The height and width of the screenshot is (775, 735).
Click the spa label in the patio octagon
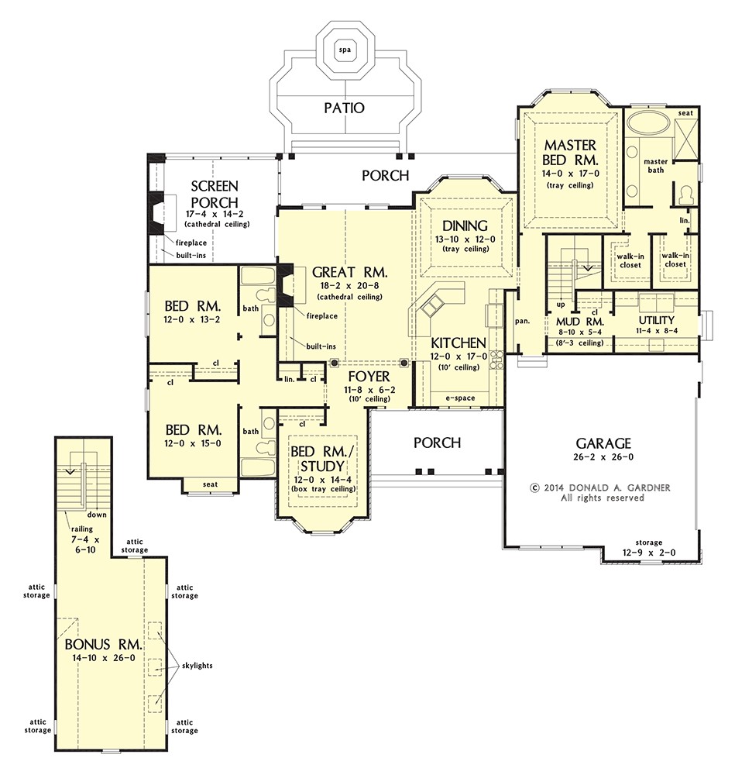[x=345, y=50]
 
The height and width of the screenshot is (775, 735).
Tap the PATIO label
[x=345, y=108]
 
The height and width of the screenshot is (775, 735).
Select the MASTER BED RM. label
[x=570, y=152]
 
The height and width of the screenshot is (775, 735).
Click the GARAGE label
[x=603, y=443]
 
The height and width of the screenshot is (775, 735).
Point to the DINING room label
[x=465, y=226]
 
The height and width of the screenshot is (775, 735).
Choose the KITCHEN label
[x=459, y=343]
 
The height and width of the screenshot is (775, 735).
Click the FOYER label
[x=369, y=376]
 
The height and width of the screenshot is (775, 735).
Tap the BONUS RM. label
[x=103, y=645]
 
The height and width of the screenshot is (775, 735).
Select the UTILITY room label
[x=657, y=320]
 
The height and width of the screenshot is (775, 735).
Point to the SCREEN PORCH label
[x=215, y=195]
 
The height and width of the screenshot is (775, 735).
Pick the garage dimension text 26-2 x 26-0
[x=603, y=457]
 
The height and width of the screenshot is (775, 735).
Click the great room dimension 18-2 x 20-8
[x=350, y=286]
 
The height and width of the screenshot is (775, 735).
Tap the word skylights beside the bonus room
[x=197, y=666]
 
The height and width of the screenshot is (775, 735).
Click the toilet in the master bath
[x=686, y=195]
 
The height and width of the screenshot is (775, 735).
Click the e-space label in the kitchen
[x=460, y=398]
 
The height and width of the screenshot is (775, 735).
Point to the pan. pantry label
[x=522, y=322]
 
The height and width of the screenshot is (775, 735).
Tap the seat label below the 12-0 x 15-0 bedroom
[x=210, y=484]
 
